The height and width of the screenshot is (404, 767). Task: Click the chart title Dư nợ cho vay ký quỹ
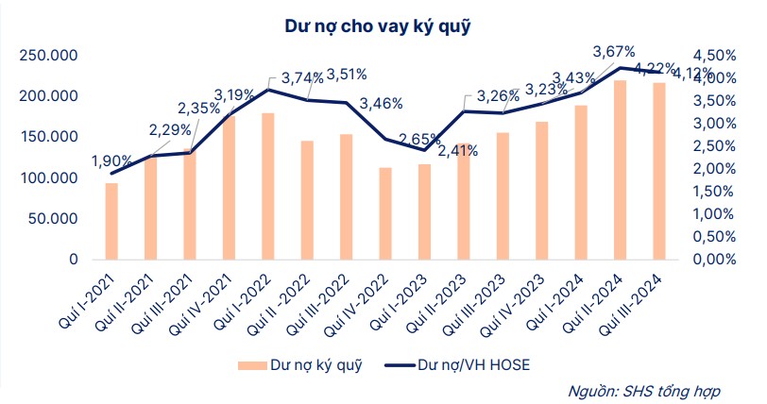377,25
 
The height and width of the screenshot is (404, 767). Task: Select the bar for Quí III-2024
657,171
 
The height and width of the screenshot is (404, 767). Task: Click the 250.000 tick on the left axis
48,57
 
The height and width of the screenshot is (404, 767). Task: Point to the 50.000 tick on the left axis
52,218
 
